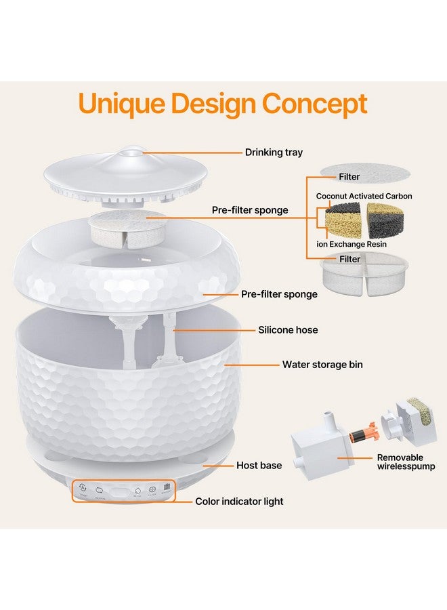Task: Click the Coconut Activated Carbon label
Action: coord(364,196)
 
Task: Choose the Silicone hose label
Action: coord(288,330)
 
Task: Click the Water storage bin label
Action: coord(322,365)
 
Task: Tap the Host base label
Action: coord(259,466)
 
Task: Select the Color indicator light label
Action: coord(239,502)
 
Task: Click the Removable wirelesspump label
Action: coord(406,462)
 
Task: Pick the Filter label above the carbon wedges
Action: coord(349,177)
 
